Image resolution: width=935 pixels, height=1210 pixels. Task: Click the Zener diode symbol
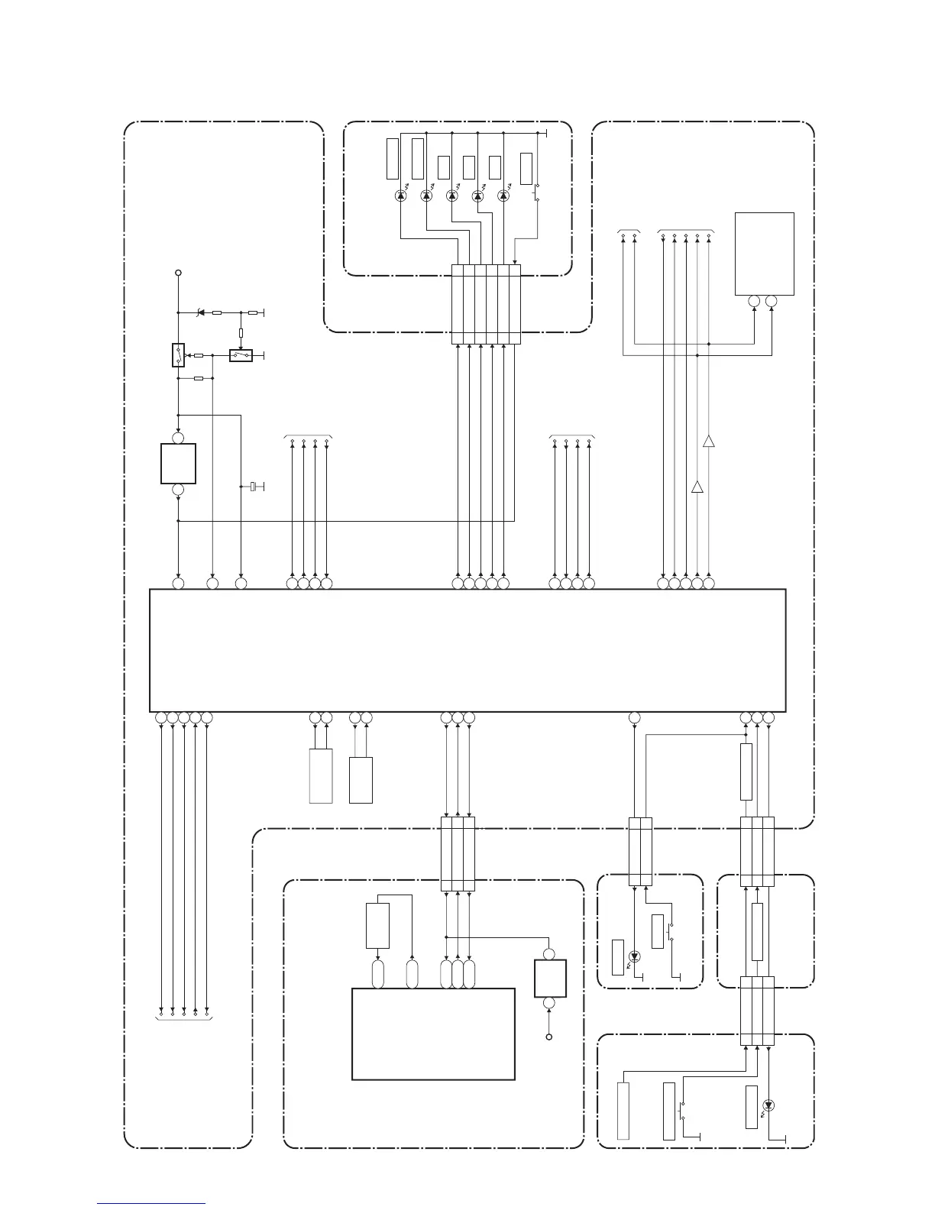pos(200,312)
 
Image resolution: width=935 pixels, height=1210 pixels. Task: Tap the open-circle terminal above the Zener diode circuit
pos(178,272)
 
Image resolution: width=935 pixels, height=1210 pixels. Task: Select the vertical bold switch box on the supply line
pos(178,355)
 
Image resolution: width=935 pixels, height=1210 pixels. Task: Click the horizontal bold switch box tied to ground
pos(241,355)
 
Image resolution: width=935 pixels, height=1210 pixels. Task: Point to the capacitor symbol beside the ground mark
pos(252,487)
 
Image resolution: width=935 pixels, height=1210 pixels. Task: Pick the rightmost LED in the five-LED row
pos(503,196)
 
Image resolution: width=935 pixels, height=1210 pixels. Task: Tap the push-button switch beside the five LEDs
pos(536,192)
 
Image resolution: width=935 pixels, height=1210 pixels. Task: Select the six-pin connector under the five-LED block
pos(486,304)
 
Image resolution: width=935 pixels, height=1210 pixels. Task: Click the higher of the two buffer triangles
pos(709,442)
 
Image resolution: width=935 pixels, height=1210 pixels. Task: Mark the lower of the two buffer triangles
pos(697,487)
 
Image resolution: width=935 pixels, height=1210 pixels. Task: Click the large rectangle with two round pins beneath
pos(764,254)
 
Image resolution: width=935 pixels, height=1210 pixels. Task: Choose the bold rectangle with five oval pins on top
pos(433,1034)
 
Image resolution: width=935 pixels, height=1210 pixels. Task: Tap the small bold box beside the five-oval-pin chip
pos(550,979)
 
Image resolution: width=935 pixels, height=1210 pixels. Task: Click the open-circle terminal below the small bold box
pos(549,1037)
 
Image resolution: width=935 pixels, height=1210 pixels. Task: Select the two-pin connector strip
pos(640,852)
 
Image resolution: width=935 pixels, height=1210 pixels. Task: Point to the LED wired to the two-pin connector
pos(634,956)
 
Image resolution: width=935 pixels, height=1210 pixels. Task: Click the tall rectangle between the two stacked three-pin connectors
pos(757,931)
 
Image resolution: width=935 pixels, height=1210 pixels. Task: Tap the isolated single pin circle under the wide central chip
pos(634,718)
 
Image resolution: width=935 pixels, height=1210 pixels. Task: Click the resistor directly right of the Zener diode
pos(217,312)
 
